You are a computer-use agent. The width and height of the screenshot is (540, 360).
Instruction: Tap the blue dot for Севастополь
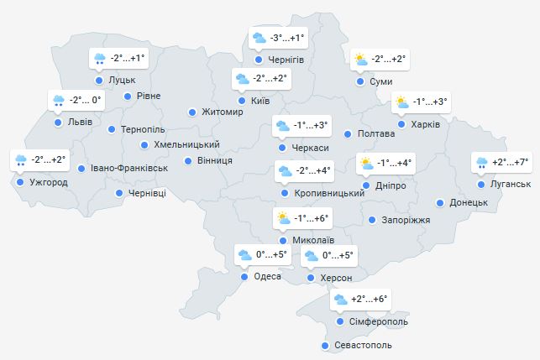click(x=325, y=346)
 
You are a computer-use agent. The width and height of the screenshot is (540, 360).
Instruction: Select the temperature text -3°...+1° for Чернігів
click(x=288, y=38)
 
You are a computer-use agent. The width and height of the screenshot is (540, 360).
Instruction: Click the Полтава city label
click(x=375, y=133)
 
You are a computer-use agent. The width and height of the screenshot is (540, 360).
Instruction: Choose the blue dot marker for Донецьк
click(x=439, y=202)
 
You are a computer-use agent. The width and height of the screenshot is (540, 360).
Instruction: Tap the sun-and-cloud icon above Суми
click(x=360, y=60)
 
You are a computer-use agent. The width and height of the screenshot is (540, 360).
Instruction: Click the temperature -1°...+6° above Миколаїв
click(x=310, y=219)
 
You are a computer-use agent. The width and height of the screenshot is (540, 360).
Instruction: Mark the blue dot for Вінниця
click(x=188, y=160)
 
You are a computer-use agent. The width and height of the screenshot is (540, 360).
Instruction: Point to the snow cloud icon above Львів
click(x=59, y=102)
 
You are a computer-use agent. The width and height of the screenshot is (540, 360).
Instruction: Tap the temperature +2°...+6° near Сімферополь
click(x=369, y=300)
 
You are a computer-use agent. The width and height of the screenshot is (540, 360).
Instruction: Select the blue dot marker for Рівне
click(x=128, y=96)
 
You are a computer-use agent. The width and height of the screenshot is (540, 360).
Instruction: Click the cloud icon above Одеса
click(x=244, y=254)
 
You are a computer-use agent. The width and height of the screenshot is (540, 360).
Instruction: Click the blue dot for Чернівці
click(x=118, y=193)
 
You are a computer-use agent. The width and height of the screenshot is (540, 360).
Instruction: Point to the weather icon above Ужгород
click(x=21, y=160)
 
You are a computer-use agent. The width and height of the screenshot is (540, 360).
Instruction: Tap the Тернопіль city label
click(x=143, y=130)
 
